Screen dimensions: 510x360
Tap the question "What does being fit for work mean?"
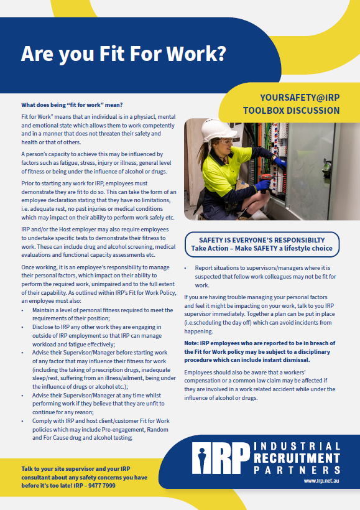point(72,104)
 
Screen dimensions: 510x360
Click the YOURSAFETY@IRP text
point(300,98)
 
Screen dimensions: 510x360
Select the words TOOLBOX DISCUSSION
point(292,111)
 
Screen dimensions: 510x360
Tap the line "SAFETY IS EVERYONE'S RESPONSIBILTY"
point(261,239)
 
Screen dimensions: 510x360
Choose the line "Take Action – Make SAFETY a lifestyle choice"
point(261,248)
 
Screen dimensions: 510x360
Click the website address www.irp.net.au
point(322,481)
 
